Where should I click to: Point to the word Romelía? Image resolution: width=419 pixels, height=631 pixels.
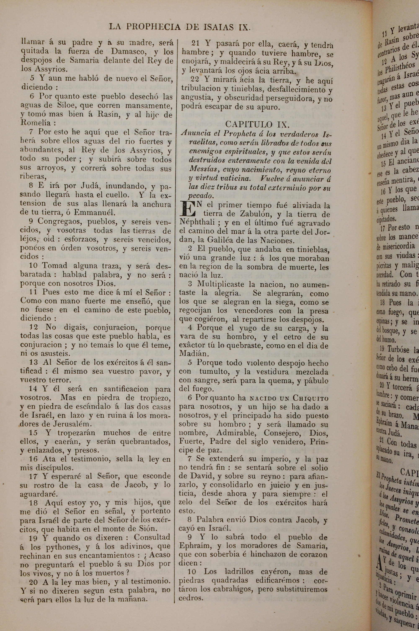click(35, 123)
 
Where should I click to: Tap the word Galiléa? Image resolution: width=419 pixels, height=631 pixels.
click(227, 240)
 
